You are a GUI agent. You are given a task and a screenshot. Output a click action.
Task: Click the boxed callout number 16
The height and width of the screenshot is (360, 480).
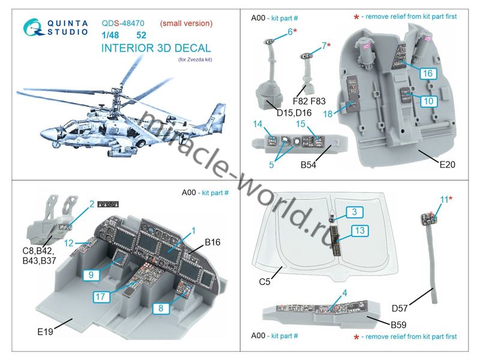pyautogui.click(x=427, y=73)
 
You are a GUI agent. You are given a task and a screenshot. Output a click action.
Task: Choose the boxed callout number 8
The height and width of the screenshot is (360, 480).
pyautogui.click(x=161, y=309)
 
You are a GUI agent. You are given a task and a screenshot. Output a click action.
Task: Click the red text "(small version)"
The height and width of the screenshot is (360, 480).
pyautogui.click(x=186, y=23)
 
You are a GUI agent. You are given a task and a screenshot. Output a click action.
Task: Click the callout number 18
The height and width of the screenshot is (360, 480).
pyautogui.click(x=328, y=114)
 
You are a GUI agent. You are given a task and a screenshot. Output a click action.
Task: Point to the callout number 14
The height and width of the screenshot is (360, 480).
pyautogui.click(x=258, y=125)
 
